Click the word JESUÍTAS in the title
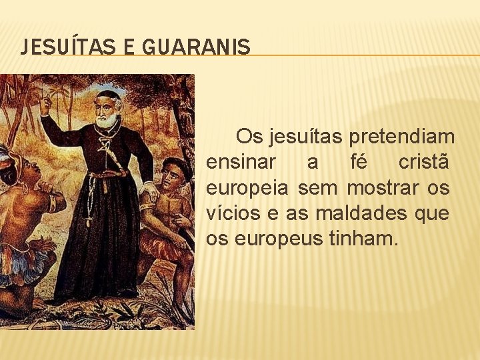click(56, 47)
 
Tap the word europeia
click(247, 189)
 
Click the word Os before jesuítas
click(250, 137)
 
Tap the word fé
click(360, 163)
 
